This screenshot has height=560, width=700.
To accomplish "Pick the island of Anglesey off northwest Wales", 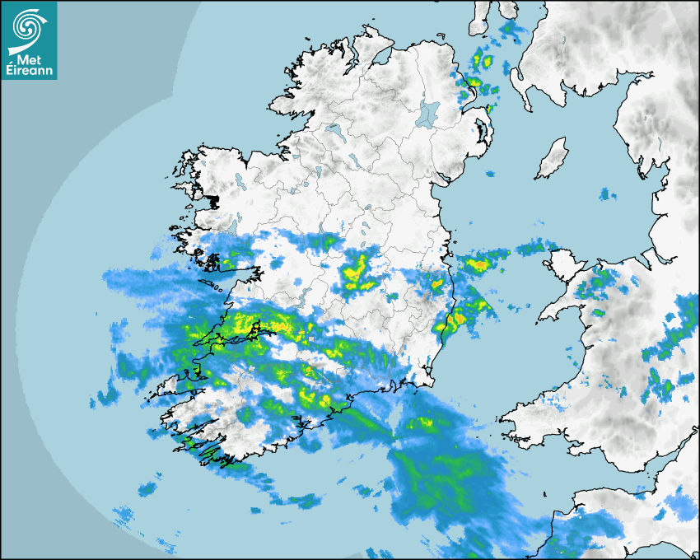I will [561, 262].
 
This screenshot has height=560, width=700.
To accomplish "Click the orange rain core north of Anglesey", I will [478, 265].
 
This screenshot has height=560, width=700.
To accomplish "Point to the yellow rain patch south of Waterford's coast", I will [425, 424].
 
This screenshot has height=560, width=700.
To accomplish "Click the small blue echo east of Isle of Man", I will [607, 194].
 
